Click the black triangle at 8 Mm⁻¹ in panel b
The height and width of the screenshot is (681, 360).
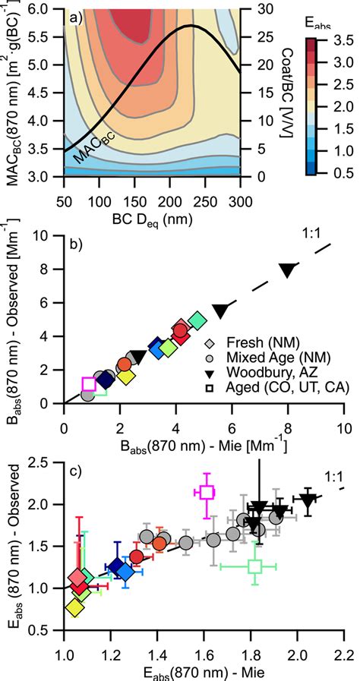point(288,270)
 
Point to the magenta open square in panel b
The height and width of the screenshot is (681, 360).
point(89,384)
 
